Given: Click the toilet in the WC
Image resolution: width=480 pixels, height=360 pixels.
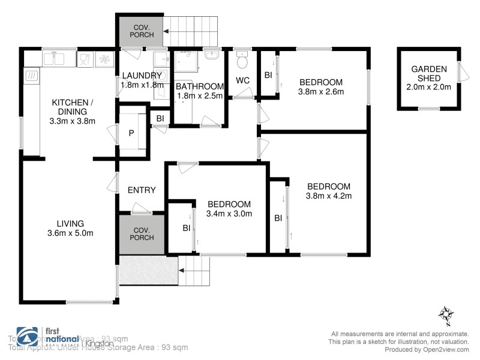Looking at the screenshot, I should pyautogui.click(x=243, y=62).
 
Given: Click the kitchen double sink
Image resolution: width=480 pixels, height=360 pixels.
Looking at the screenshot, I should pyautogui.click(x=58, y=59).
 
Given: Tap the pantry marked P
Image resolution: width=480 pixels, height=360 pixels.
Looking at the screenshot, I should pyautogui.click(x=131, y=132).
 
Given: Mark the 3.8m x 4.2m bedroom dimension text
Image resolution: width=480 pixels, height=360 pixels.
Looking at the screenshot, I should pyautogui.click(x=328, y=195).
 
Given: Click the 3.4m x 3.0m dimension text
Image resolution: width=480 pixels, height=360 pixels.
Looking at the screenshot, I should pyautogui.click(x=229, y=213).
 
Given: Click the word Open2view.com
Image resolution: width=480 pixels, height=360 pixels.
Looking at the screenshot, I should pyautogui.click(x=443, y=349).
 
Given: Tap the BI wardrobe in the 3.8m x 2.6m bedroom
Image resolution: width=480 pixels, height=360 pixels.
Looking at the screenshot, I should pyautogui.click(x=268, y=76).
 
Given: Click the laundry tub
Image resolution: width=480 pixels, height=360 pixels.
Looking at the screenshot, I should pyautogui.click(x=160, y=60).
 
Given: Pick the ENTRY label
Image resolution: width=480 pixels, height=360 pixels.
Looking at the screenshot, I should pyautogui.click(x=142, y=190).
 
